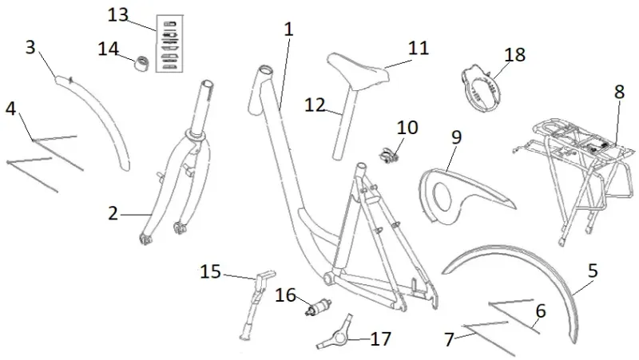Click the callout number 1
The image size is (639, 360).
pyautogui.click(x=288, y=30)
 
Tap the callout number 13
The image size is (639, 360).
pyautogui.click(x=117, y=16)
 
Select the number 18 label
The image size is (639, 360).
pyautogui.click(x=515, y=54)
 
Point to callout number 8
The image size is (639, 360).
pyautogui.click(x=619, y=92)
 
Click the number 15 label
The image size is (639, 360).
pyautogui.click(x=210, y=272)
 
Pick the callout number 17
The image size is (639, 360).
pyautogui.click(x=380, y=339)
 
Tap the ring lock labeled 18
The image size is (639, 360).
pyautogui.click(x=479, y=86)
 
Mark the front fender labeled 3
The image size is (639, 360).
pyautogui.click(x=104, y=120)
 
